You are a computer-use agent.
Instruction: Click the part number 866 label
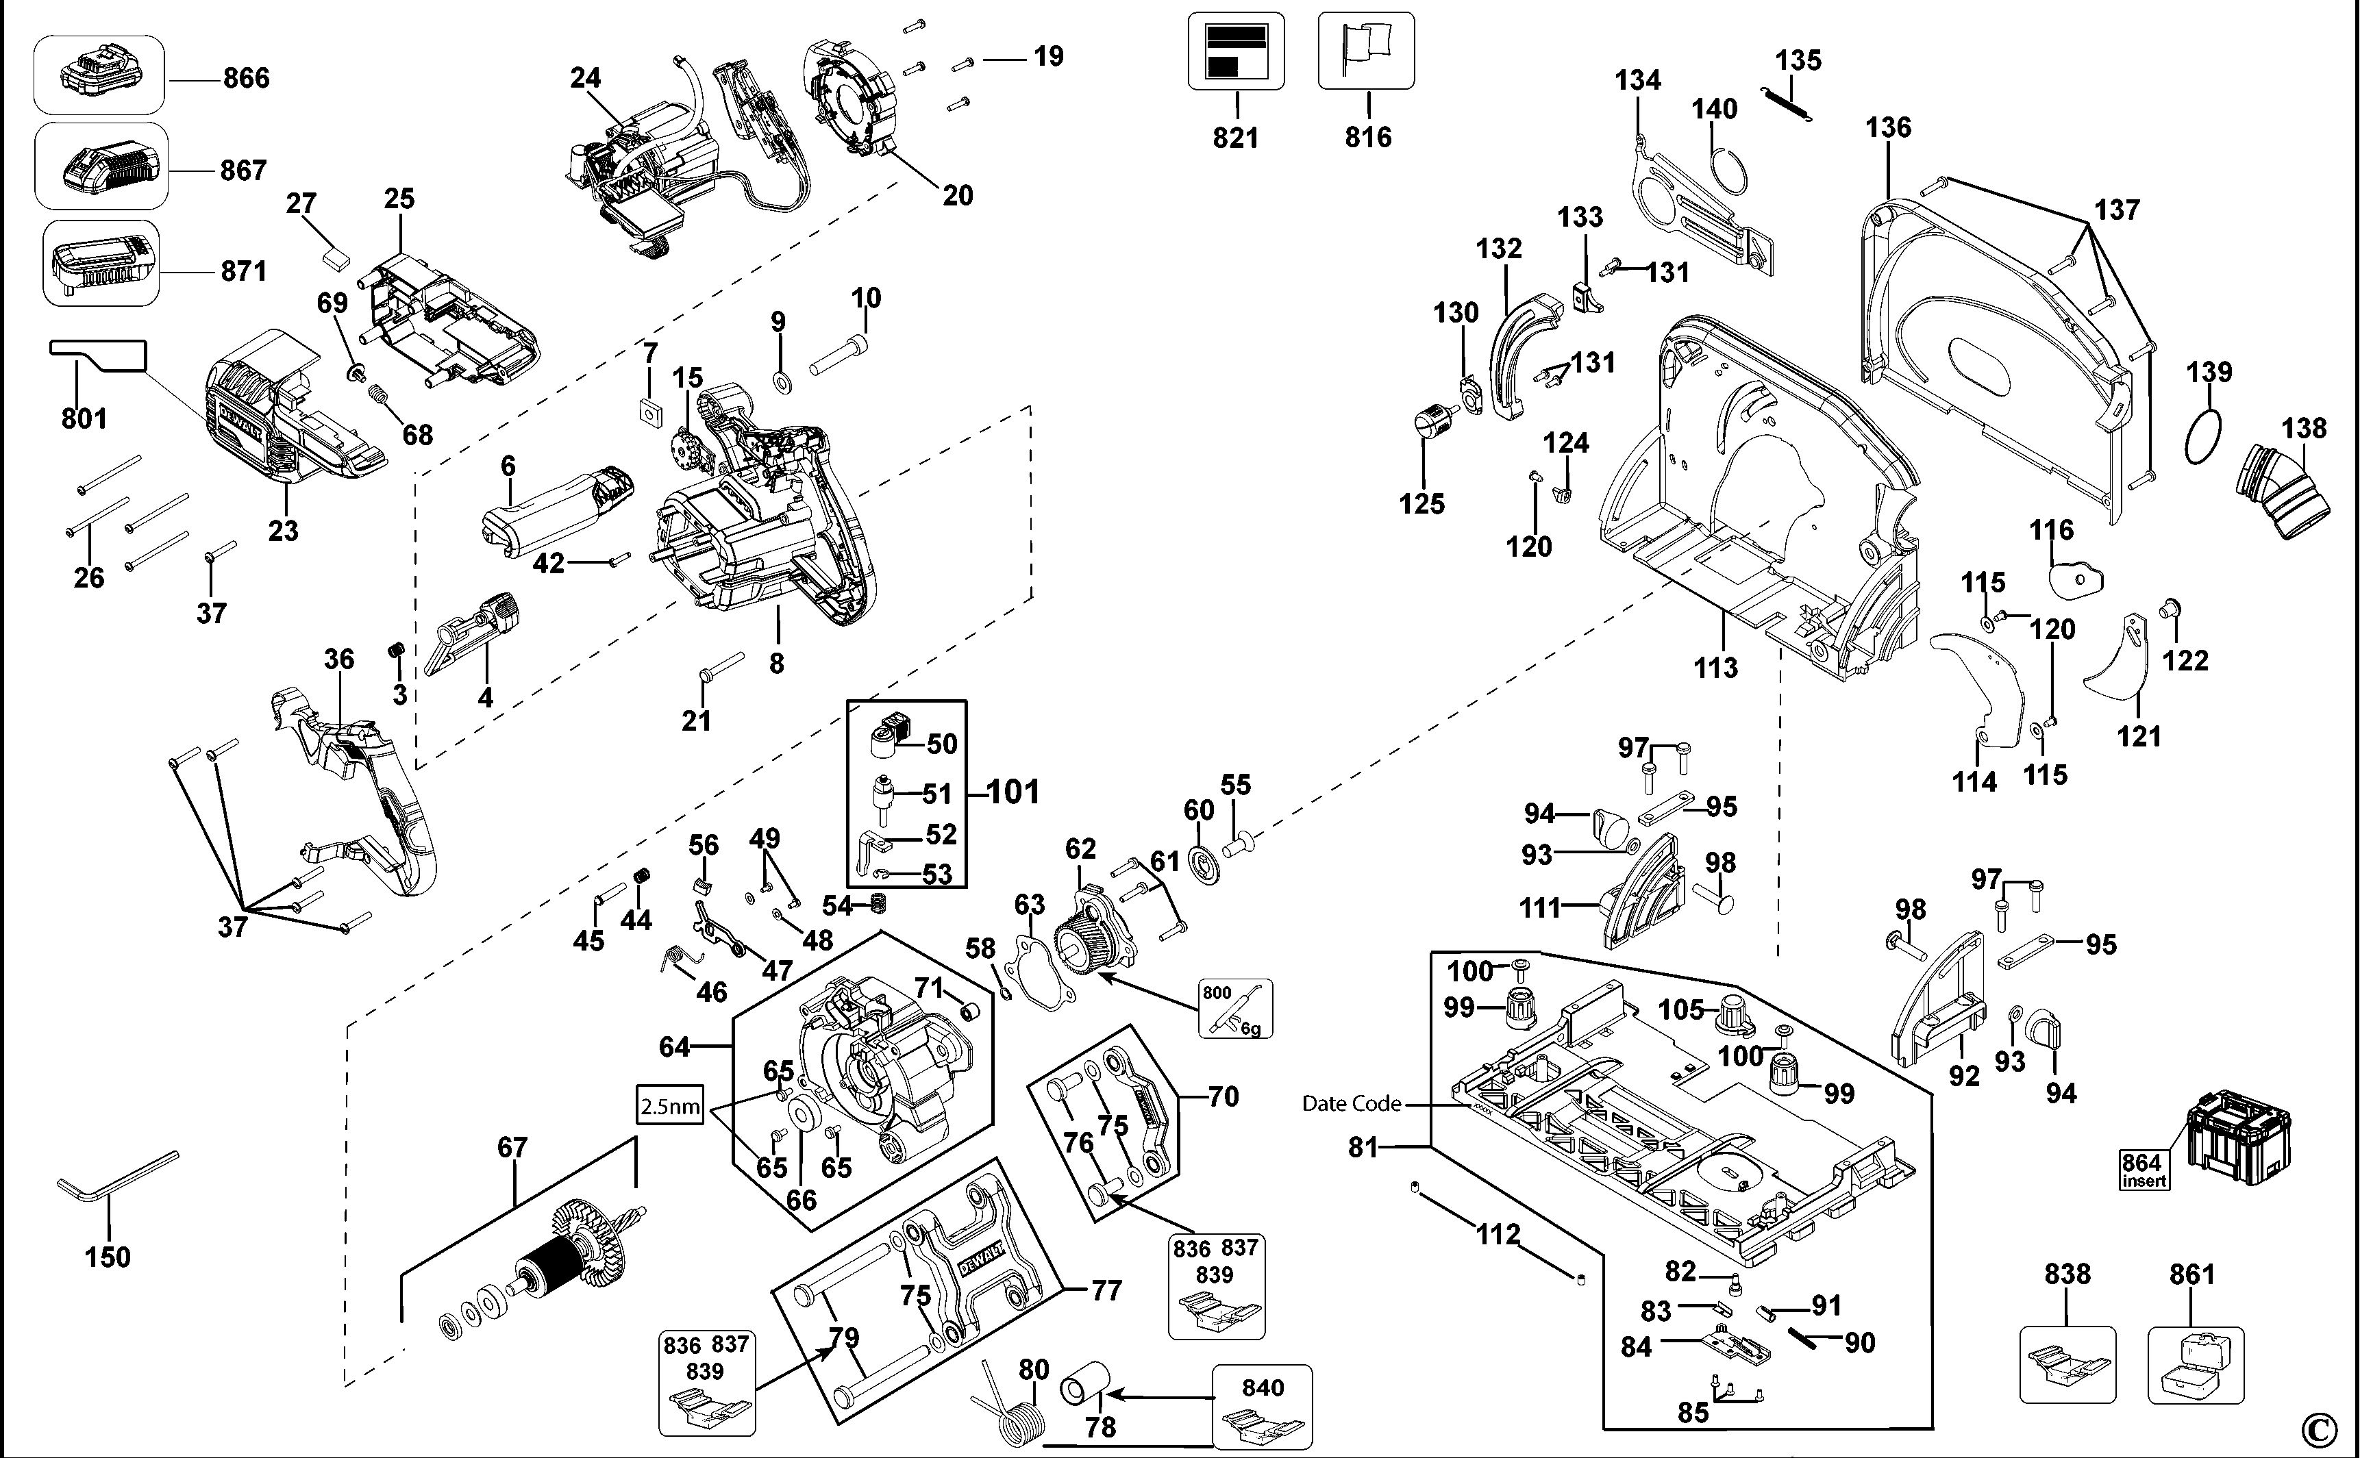click(246, 78)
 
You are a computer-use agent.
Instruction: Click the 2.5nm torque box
click(670, 1105)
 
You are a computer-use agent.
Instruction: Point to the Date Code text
click(1351, 1103)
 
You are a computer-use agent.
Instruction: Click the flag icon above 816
click(1366, 50)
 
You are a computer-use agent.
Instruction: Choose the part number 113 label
click(1716, 667)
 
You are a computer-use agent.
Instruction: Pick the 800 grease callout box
click(1235, 1009)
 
